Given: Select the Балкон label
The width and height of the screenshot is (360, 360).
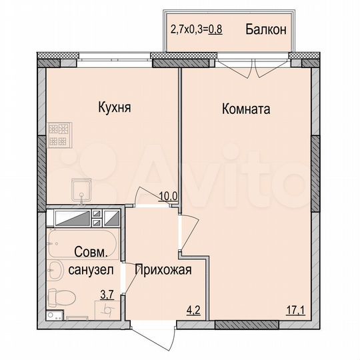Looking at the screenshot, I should [x=265, y=29].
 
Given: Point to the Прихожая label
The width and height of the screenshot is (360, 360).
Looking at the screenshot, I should [x=163, y=270].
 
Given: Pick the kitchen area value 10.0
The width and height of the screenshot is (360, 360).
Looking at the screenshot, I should [x=167, y=196].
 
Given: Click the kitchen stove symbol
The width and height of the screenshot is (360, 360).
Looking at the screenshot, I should [x=58, y=135].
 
